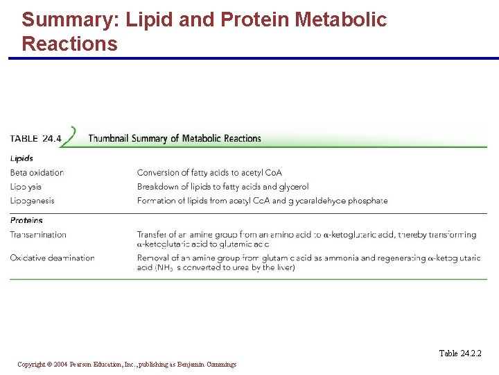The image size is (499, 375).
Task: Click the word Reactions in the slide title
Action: tap(69, 44)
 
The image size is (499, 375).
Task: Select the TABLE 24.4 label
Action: tap(35, 138)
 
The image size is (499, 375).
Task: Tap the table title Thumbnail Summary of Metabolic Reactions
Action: tap(175, 138)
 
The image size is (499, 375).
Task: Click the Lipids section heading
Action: tap(21, 158)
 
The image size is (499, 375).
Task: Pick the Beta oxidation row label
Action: tap(37, 172)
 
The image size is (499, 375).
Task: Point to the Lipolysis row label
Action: tap(26, 186)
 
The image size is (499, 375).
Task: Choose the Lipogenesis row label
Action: tap(32, 201)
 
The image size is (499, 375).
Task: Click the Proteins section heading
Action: tap(26, 221)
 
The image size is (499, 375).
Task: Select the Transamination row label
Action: tap(38, 235)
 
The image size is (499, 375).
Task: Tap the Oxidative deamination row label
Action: tap(52, 258)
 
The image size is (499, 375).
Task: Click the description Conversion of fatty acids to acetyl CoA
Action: tap(209, 172)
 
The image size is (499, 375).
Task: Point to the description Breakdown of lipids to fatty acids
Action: tap(222, 186)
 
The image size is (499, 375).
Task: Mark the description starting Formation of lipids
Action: tap(262, 201)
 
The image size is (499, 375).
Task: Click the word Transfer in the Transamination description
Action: tap(151, 235)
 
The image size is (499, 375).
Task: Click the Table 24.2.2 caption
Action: tap(459, 353)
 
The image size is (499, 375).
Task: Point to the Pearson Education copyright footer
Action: tap(127, 364)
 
